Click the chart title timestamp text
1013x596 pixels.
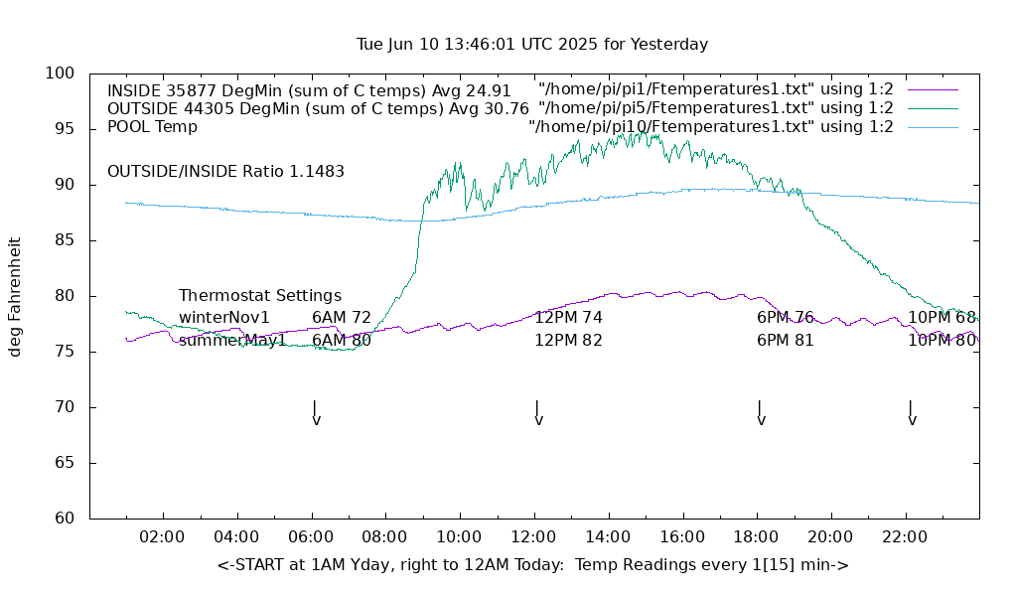[x=531, y=45]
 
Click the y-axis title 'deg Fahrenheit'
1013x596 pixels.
[x=15, y=296]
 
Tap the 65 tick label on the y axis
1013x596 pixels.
[x=65, y=463]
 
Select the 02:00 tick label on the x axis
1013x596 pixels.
[x=162, y=537]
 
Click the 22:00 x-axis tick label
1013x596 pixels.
[x=905, y=537]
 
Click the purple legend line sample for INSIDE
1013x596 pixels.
[x=933, y=90]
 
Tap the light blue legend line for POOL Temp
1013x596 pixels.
[x=933, y=127]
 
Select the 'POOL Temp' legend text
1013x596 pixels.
[x=152, y=127]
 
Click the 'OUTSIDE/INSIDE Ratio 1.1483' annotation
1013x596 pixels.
[x=225, y=172]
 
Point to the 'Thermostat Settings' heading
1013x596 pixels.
[x=260, y=296]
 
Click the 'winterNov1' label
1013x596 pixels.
[x=224, y=318]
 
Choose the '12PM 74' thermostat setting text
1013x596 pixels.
[x=568, y=318]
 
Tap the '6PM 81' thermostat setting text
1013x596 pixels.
[x=786, y=341]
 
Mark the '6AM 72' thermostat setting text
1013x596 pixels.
[x=341, y=318]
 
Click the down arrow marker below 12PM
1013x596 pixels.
[x=538, y=413]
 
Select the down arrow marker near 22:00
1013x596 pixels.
[x=912, y=413]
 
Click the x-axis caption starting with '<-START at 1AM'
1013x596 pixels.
[x=532, y=565]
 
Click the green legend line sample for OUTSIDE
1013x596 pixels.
[x=933, y=108]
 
